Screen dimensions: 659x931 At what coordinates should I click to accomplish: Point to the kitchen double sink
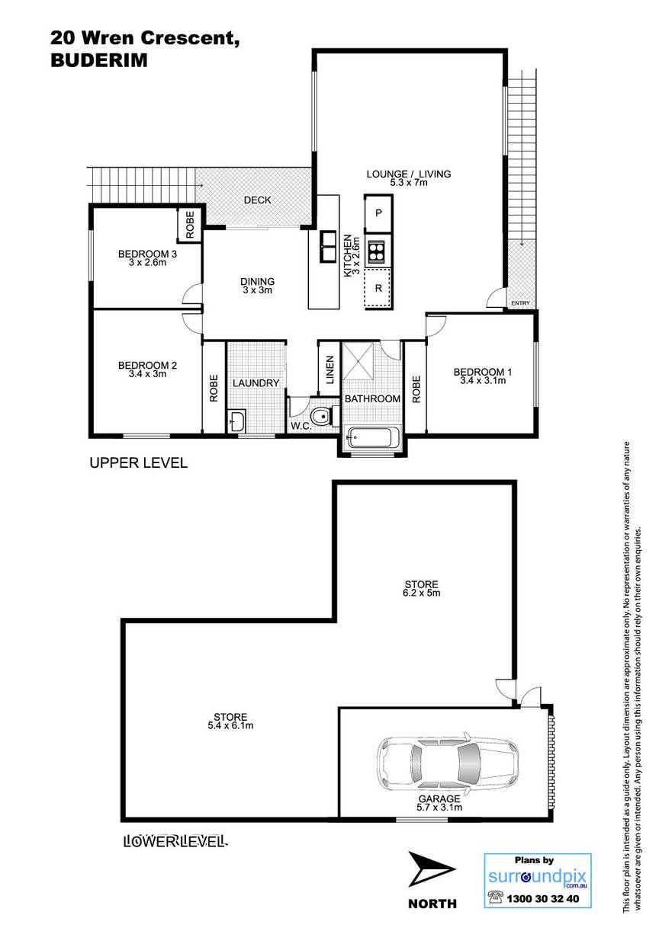point(328,247)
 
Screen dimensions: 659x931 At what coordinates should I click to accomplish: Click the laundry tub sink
point(236,421)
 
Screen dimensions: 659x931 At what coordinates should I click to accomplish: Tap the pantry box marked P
point(378,213)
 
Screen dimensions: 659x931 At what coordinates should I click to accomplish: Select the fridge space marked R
point(378,289)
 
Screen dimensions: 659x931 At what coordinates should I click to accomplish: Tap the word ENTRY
point(520,303)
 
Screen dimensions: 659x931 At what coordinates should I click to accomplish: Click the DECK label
point(258,200)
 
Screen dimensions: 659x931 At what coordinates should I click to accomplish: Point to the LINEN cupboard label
point(330,369)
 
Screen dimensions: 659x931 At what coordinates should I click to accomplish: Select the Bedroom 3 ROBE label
point(190,225)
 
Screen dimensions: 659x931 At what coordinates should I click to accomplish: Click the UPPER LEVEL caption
point(139,462)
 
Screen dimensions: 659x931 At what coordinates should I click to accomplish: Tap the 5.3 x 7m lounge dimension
point(409,182)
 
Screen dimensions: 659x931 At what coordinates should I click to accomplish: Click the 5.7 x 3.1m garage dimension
point(439,808)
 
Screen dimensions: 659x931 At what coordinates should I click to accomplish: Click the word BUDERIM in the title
point(99,60)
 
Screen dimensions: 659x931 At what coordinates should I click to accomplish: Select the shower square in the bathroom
point(358,361)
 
